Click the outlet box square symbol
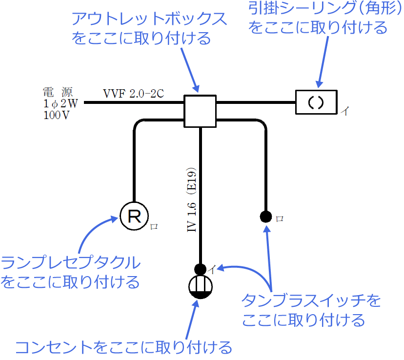(200, 111)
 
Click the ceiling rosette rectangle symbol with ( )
(316, 102)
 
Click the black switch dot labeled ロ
(265, 216)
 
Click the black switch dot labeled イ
(200, 269)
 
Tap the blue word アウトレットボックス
(149, 20)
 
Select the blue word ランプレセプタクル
(71, 263)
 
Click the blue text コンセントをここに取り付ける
(123, 348)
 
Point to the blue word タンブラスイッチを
(311, 301)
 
